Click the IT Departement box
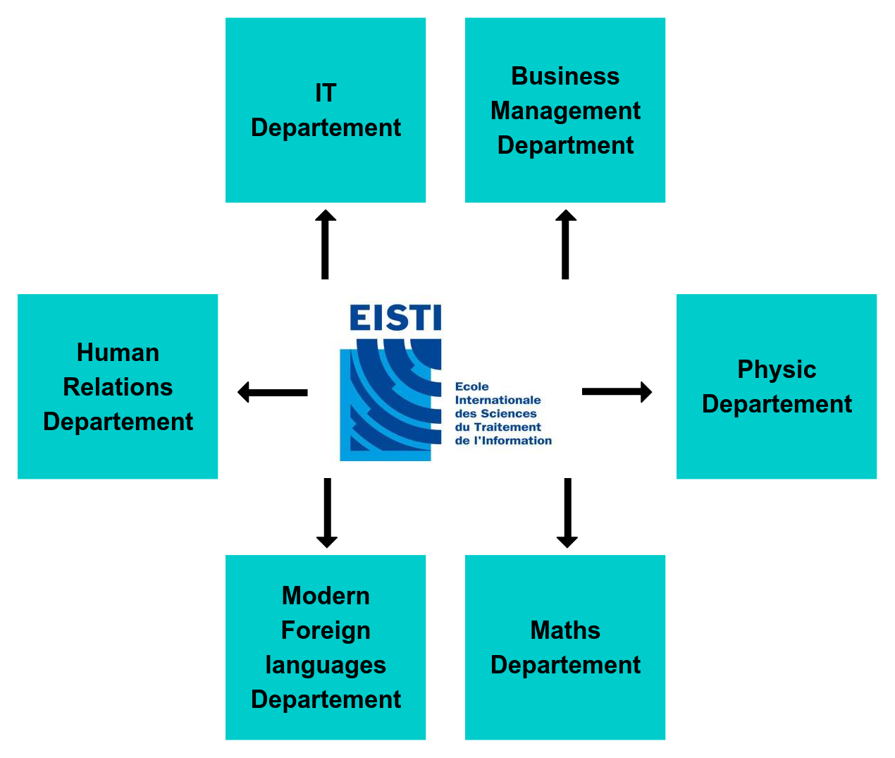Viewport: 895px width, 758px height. tap(325, 110)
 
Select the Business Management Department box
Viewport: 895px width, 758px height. tap(564, 110)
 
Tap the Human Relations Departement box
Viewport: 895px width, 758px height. tap(118, 386)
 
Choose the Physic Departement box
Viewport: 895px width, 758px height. tap(776, 386)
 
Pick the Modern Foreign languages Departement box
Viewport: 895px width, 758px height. tap(325, 647)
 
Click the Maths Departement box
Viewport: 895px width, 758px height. tap(564, 647)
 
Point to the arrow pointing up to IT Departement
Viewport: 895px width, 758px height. tap(325, 244)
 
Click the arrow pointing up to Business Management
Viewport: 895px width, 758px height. tap(565, 244)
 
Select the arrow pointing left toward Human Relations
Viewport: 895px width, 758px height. tap(273, 392)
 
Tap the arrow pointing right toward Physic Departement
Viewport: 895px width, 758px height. tap(617, 391)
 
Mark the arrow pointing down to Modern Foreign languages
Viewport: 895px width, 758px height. tap(327, 513)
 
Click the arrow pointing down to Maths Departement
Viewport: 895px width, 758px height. tap(567, 513)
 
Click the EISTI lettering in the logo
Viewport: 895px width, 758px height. tap(395, 318)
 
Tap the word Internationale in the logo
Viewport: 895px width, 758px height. tap(498, 401)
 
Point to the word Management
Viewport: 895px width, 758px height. tap(565, 111)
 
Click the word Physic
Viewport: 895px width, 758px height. tap(777, 369)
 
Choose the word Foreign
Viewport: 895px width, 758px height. tap(326, 630)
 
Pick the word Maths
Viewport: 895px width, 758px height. tap(565, 630)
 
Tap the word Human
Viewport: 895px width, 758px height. tap(118, 353)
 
